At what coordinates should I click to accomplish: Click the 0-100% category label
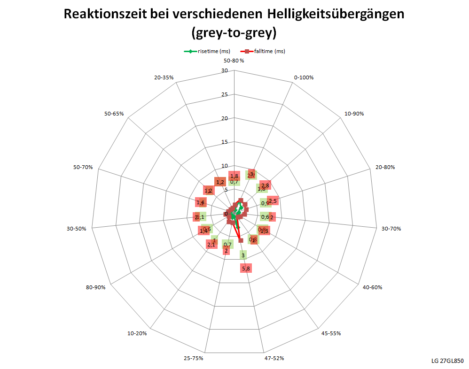click(x=303, y=77)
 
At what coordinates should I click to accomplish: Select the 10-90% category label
click(x=354, y=114)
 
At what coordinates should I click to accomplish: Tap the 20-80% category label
click(x=385, y=167)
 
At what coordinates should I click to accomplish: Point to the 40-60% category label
click(x=372, y=287)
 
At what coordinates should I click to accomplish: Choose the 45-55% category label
click(x=331, y=333)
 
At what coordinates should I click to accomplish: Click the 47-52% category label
click(x=274, y=358)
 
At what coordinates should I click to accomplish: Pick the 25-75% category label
click(x=194, y=358)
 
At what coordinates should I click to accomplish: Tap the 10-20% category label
click(x=137, y=333)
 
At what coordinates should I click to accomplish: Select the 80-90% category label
click(x=95, y=287)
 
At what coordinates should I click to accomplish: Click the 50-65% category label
click(x=114, y=114)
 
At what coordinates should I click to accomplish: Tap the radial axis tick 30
click(x=225, y=71)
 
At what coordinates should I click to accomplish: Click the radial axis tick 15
click(x=225, y=142)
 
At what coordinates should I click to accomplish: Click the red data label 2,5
click(x=273, y=201)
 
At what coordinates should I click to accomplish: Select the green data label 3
click(x=243, y=255)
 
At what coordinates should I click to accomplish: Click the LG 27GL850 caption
click(x=447, y=361)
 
